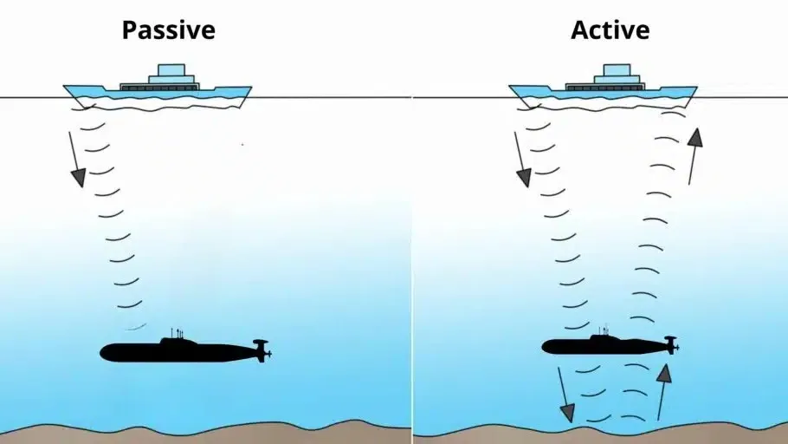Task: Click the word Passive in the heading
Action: [168, 30]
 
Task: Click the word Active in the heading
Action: [610, 30]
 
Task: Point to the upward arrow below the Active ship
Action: [694, 156]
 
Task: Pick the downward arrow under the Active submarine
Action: [564, 395]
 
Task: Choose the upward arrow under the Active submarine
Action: [662, 390]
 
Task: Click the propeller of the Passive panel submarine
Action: [261, 350]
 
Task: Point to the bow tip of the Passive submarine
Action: [102, 352]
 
